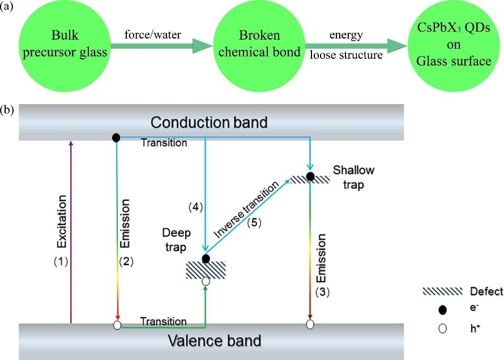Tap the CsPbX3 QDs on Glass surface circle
point(451,49)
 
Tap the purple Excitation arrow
point(70,232)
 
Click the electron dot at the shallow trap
point(310,176)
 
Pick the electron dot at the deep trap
point(206,259)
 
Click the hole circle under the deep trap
point(206,281)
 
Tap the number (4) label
point(195,207)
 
